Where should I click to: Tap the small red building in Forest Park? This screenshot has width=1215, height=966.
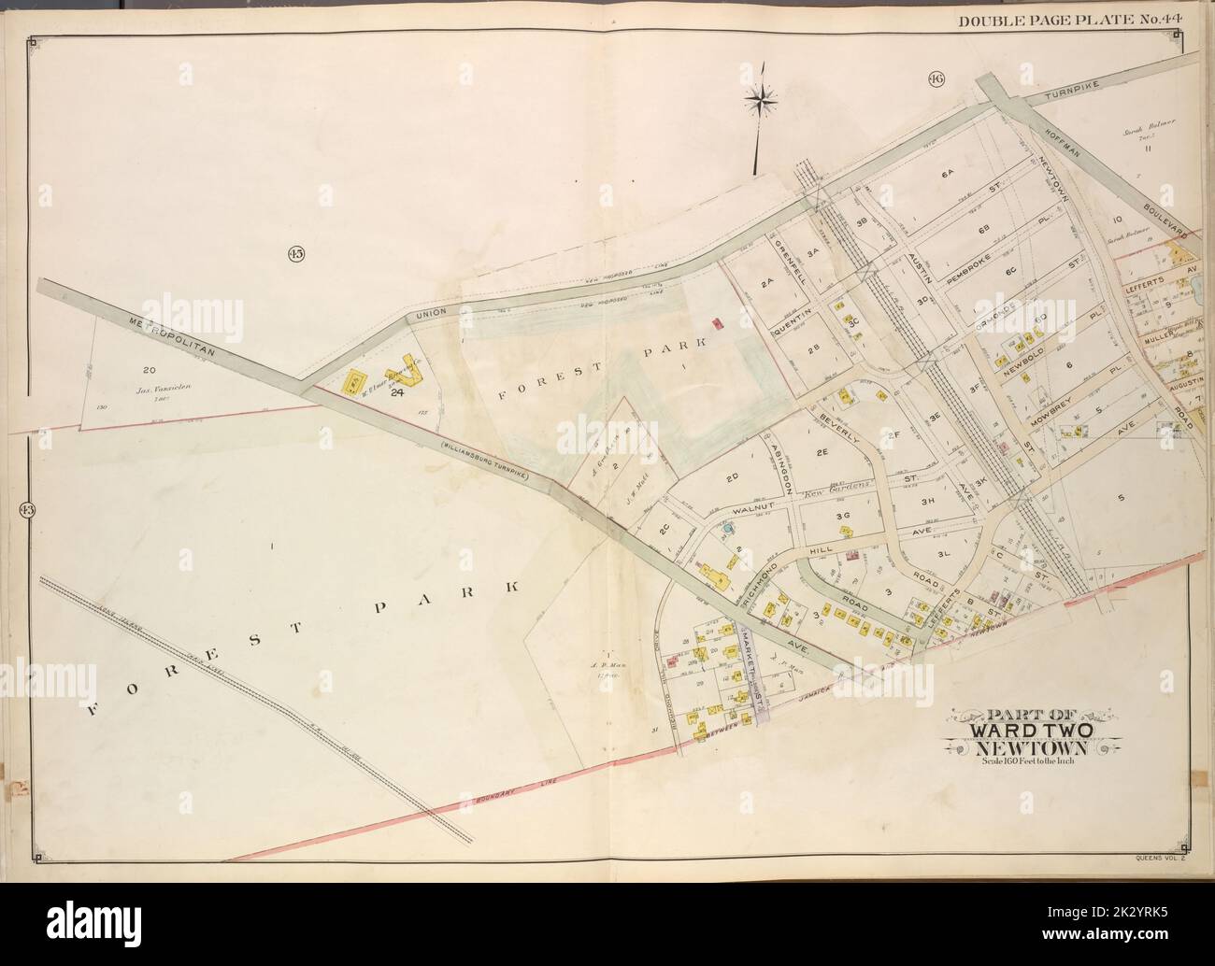tap(718, 323)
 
